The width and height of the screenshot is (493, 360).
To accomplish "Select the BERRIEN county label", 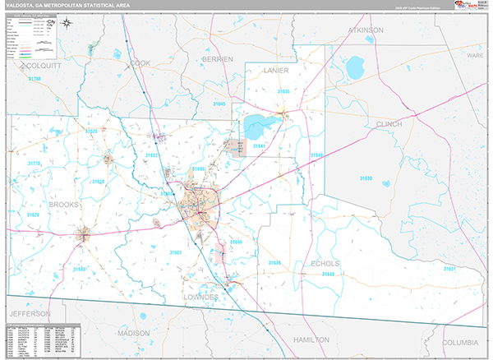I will pyautogui.click(x=218, y=59).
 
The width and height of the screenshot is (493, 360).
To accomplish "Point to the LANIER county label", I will pyautogui.click(x=277, y=72).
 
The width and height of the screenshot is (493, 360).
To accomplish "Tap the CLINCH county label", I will pyautogui.click(x=389, y=124).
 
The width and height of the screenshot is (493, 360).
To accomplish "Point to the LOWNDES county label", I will pyautogui.click(x=200, y=296).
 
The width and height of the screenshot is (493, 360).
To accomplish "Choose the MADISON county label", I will pyautogui.click(x=134, y=334).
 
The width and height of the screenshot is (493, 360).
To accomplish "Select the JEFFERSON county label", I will pyautogui.click(x=30, y=314).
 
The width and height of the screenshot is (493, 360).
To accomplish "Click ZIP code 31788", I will pyautogui.click(x=34, y=78).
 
